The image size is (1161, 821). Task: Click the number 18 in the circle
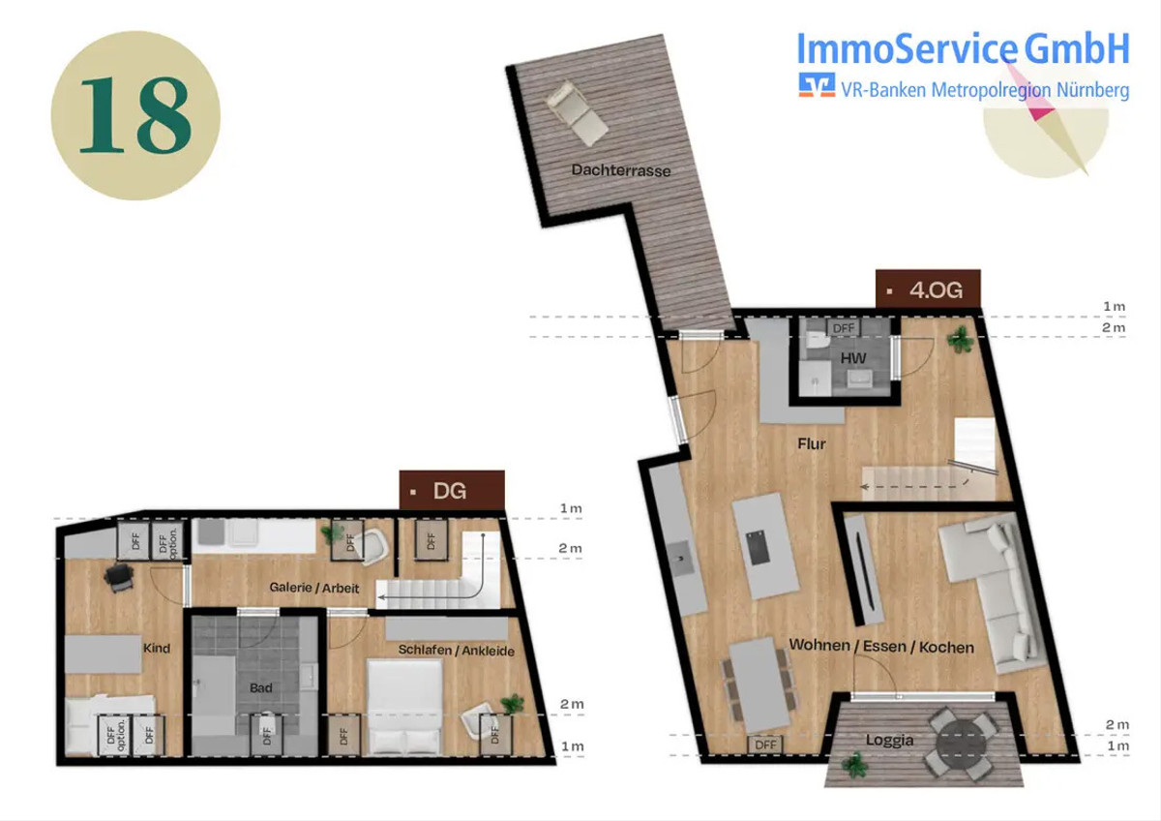(135, 115)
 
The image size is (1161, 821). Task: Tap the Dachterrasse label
(621, 170)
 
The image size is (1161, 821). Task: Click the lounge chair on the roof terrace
(577, 112)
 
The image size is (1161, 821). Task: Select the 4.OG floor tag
(928, 289)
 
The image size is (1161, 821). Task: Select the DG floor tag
(452, 490)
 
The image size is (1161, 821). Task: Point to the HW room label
(853, 358)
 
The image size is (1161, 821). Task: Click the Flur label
(812, 444)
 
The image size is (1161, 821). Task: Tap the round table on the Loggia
(962, 741)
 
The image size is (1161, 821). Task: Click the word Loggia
(889, 740)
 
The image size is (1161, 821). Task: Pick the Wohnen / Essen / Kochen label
(881, 646)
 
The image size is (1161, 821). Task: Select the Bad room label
(260, 687)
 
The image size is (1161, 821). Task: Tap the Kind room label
(157, 648)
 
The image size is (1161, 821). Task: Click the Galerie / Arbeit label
(314, 588)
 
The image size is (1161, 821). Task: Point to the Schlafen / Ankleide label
(456, 651)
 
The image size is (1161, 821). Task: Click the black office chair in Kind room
(120, 578)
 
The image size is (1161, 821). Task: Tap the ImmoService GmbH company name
(963, 48)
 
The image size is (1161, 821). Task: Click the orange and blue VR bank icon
(817, 85)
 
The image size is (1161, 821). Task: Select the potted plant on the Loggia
(854, 765)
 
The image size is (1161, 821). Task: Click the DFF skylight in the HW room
(844, 328)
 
